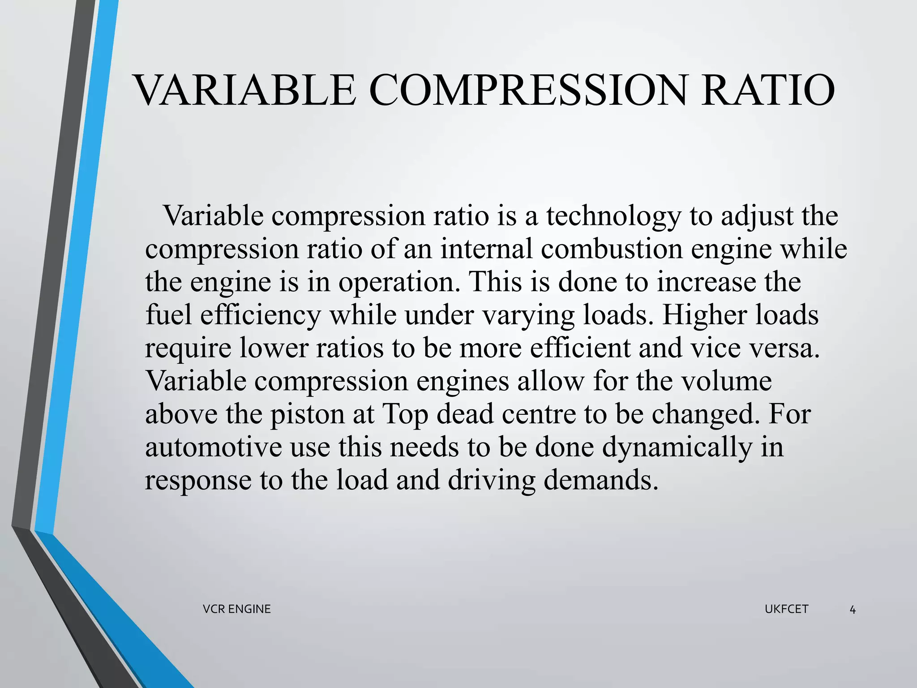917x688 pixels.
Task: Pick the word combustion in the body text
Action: pyautogui.click(x=612, y=249)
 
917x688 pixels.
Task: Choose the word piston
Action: pyautogui.click(x=307, y=415)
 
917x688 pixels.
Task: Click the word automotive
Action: pyautogui.click(x=213, y=447)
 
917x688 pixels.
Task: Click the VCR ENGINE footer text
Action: pyautogui.click(x=236, y=609)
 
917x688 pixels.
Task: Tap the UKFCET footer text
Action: pyautogui.click(x=786, y=609)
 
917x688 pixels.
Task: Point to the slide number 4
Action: pyautogui.click(x=853, y=610)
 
